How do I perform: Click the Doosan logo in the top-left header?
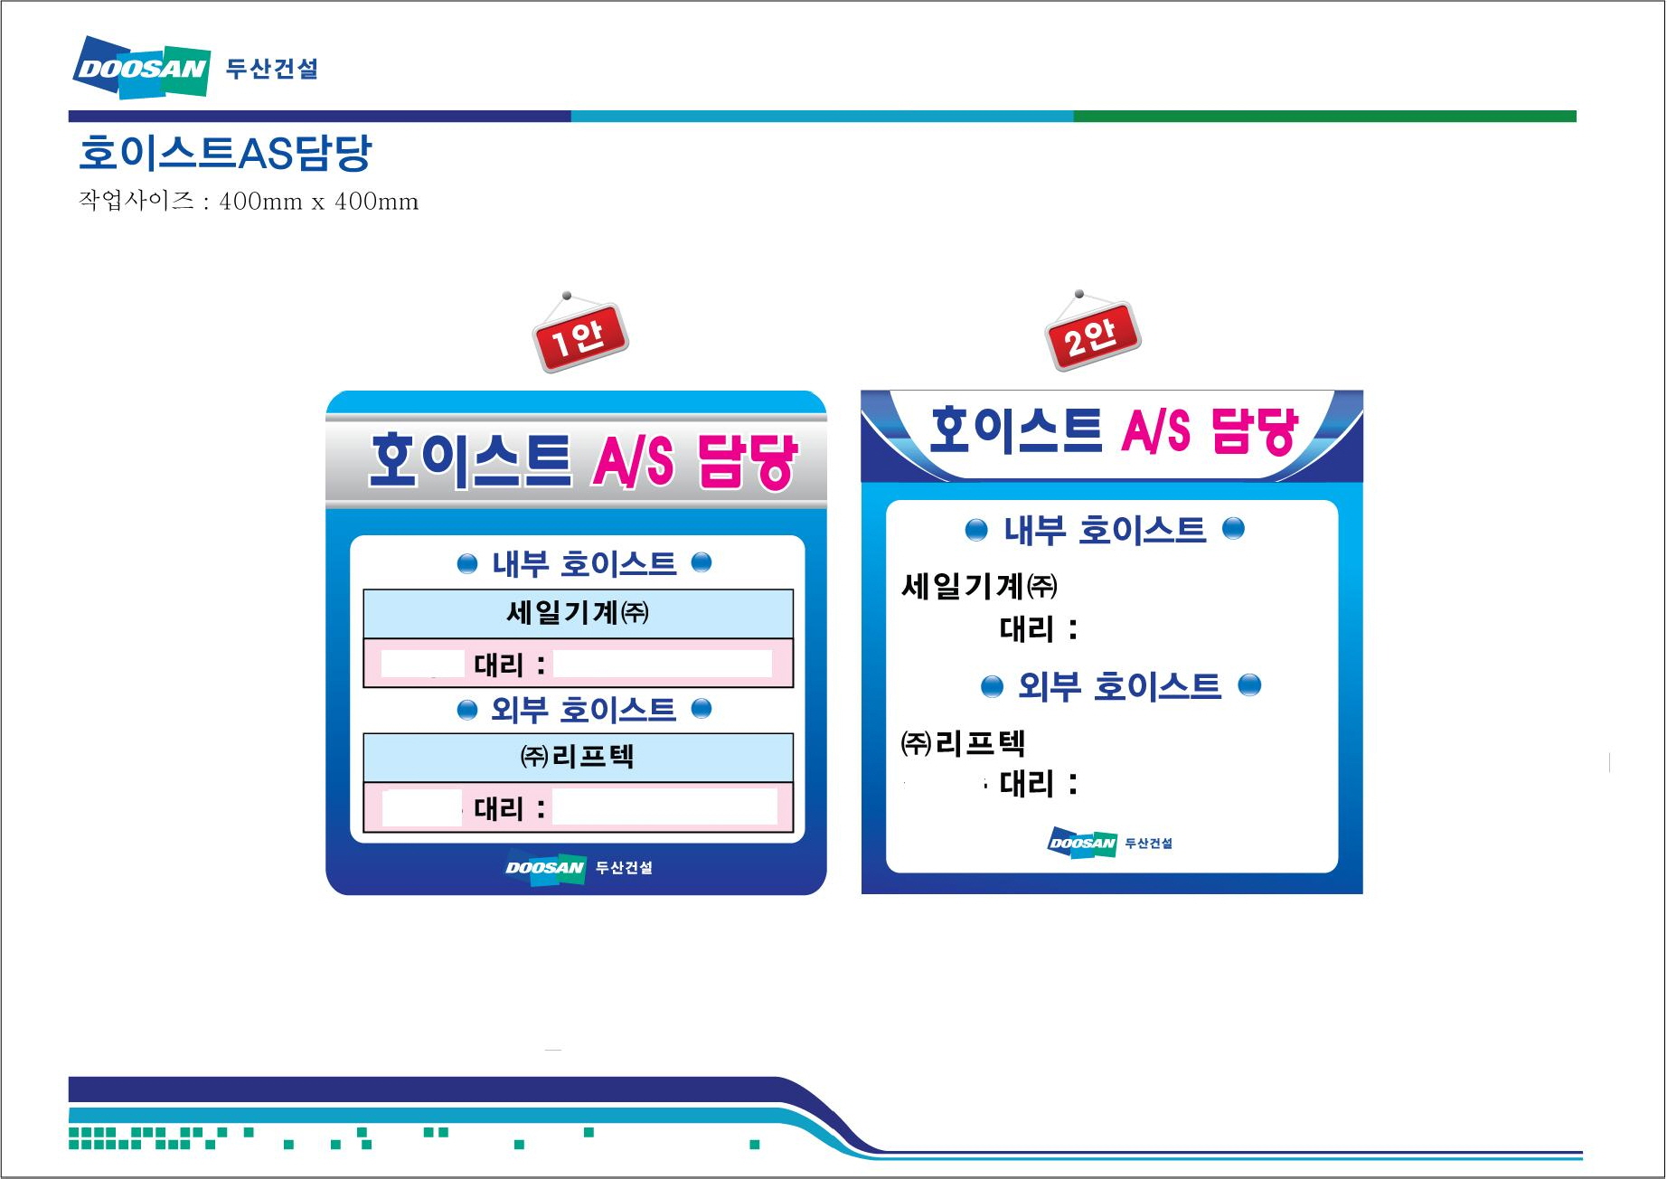tap(141, 67)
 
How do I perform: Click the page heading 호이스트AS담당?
tap(225, 153)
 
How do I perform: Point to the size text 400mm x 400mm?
tap(318, 201)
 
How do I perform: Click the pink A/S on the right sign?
tap(1156, 430)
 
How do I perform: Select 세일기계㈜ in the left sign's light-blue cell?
tap(578, 613)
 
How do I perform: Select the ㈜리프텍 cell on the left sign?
tap(578, 757)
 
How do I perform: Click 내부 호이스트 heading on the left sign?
tap(584, 564)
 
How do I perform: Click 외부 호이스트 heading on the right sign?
tap(1119, 686)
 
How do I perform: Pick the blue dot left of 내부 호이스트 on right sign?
tap(976, 530)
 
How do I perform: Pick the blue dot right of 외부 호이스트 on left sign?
tap(702, 708)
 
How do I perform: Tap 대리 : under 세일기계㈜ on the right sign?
tap(1039, 628)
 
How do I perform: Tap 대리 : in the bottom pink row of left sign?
tap(510, 807)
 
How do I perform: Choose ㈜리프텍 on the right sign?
tap(963, 743)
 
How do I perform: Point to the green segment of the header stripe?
tap(1324, 116)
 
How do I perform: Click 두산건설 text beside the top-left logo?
tap(271, 69)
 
